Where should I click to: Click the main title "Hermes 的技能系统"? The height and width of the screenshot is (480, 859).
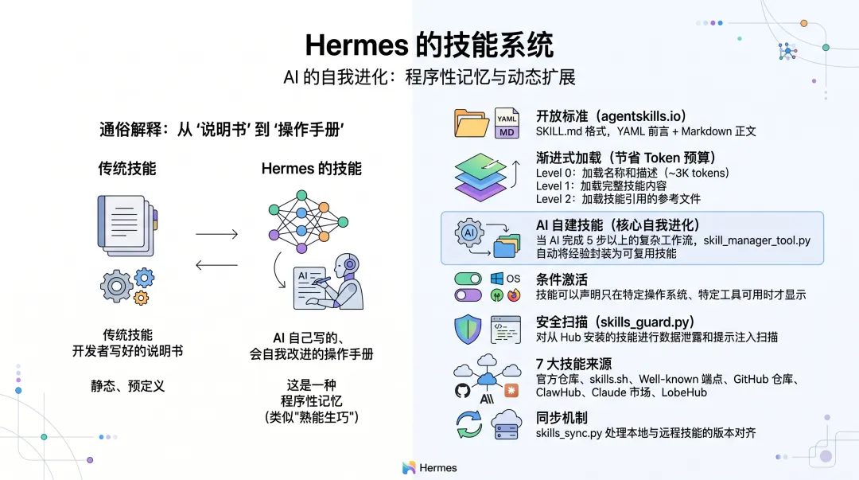click(x=429, y=45)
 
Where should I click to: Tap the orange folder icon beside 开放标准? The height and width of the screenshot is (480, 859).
click(x=472, y=123)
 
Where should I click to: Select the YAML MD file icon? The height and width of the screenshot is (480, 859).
click(x=507, y=123)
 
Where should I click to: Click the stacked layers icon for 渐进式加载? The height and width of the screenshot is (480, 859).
click(x=480, y=176)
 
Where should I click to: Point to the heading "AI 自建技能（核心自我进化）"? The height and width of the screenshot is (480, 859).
click(x=617, y=225)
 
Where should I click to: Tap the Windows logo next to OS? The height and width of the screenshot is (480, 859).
click(x=497, y=279)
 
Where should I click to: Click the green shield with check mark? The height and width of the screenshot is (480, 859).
click(x=467, y=330)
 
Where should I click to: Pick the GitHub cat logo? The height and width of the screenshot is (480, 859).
click(x=463, y=391)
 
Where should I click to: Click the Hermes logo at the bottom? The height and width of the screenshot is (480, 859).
click(x=429, y=468)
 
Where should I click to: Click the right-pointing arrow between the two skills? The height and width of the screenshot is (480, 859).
click(x=216, y=234)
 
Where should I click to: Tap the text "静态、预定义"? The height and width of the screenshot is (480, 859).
click(x=127, y=386)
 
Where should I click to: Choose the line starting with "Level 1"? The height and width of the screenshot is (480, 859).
click(x=601, y=185)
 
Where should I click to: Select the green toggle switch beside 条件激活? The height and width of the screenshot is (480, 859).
click(x=468, y=279)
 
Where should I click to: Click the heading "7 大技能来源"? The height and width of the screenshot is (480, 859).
click(x=573, y=365)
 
